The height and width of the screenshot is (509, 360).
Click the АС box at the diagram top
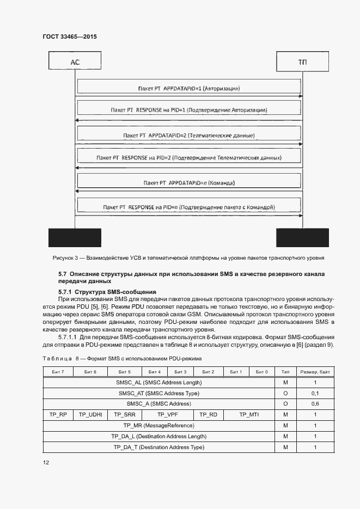[75, 62]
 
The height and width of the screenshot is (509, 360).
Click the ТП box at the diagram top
[302, 62]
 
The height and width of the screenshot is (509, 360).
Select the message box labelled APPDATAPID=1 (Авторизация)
[188, 87]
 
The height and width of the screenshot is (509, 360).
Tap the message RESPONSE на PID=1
[188, 110]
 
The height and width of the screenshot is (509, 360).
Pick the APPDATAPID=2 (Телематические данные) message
[188, 134]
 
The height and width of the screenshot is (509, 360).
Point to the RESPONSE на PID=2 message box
[188, 158]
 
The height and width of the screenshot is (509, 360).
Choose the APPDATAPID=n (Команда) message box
[188, 182]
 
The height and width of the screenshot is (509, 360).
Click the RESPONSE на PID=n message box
[188, 207]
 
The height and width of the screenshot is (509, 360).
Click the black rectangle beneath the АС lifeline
[75, 237]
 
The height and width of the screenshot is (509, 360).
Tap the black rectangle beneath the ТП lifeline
[302, 237]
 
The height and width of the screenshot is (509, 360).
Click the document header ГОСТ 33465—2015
[69, 36]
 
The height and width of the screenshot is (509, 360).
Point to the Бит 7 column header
[57, 371]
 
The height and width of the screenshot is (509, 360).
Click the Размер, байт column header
[315, 371]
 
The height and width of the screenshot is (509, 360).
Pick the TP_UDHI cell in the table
[90, 414]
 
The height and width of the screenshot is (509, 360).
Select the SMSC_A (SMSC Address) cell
[158, 403]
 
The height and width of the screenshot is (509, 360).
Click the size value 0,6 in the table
[315, 403]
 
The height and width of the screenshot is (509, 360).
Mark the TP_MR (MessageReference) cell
[158, 425]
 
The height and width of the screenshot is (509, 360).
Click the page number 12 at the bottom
[46, 463]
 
